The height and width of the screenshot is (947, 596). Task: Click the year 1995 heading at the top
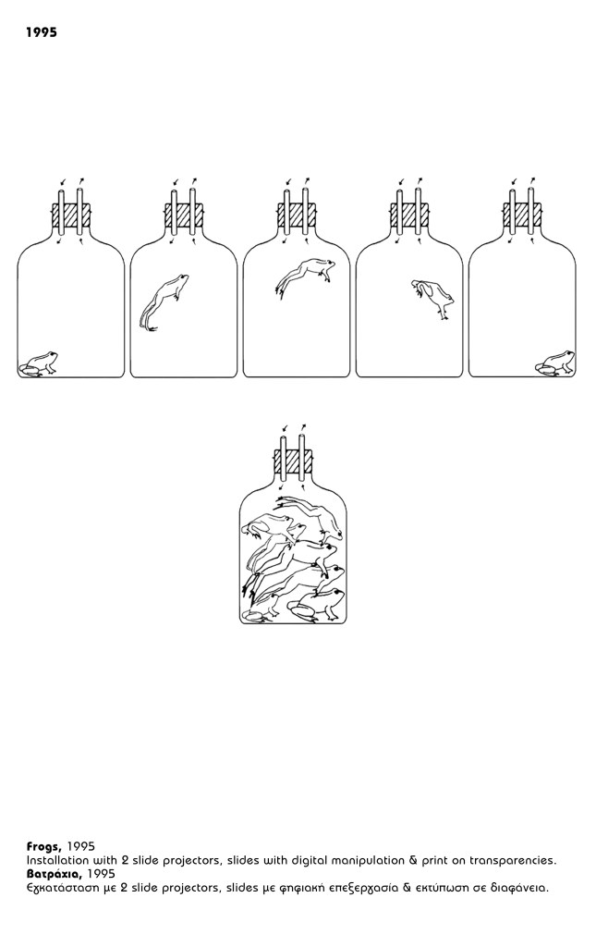(42, 32)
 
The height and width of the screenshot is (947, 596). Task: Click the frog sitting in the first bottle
(38, 363)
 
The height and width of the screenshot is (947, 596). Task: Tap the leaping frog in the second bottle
(164, 302)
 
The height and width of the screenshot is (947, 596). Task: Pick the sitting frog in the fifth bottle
(555, 363)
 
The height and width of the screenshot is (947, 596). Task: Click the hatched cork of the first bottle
(71, 215)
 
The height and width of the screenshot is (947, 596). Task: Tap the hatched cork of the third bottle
(297, 215)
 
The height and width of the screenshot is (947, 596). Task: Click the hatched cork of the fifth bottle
(522, 215)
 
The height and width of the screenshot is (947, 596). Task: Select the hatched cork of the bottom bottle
(294, 462)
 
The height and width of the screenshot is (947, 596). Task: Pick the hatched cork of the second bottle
(183, 215)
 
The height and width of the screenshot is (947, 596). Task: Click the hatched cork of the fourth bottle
(409, 215)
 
